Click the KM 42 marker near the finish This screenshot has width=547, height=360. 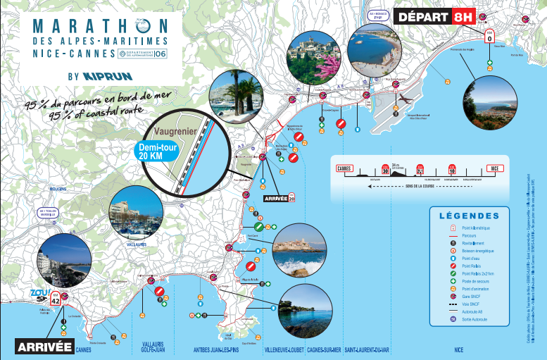click(x=64, y=297)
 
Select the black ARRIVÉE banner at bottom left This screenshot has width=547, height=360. click(x=44, y=346)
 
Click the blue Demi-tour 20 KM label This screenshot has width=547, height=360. click(x=156, y=151)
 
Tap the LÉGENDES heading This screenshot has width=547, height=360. click(x=470, y=216)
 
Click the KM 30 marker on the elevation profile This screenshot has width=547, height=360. click(x=385, y=170)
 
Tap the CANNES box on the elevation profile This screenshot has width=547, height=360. click(x=344, y=169)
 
